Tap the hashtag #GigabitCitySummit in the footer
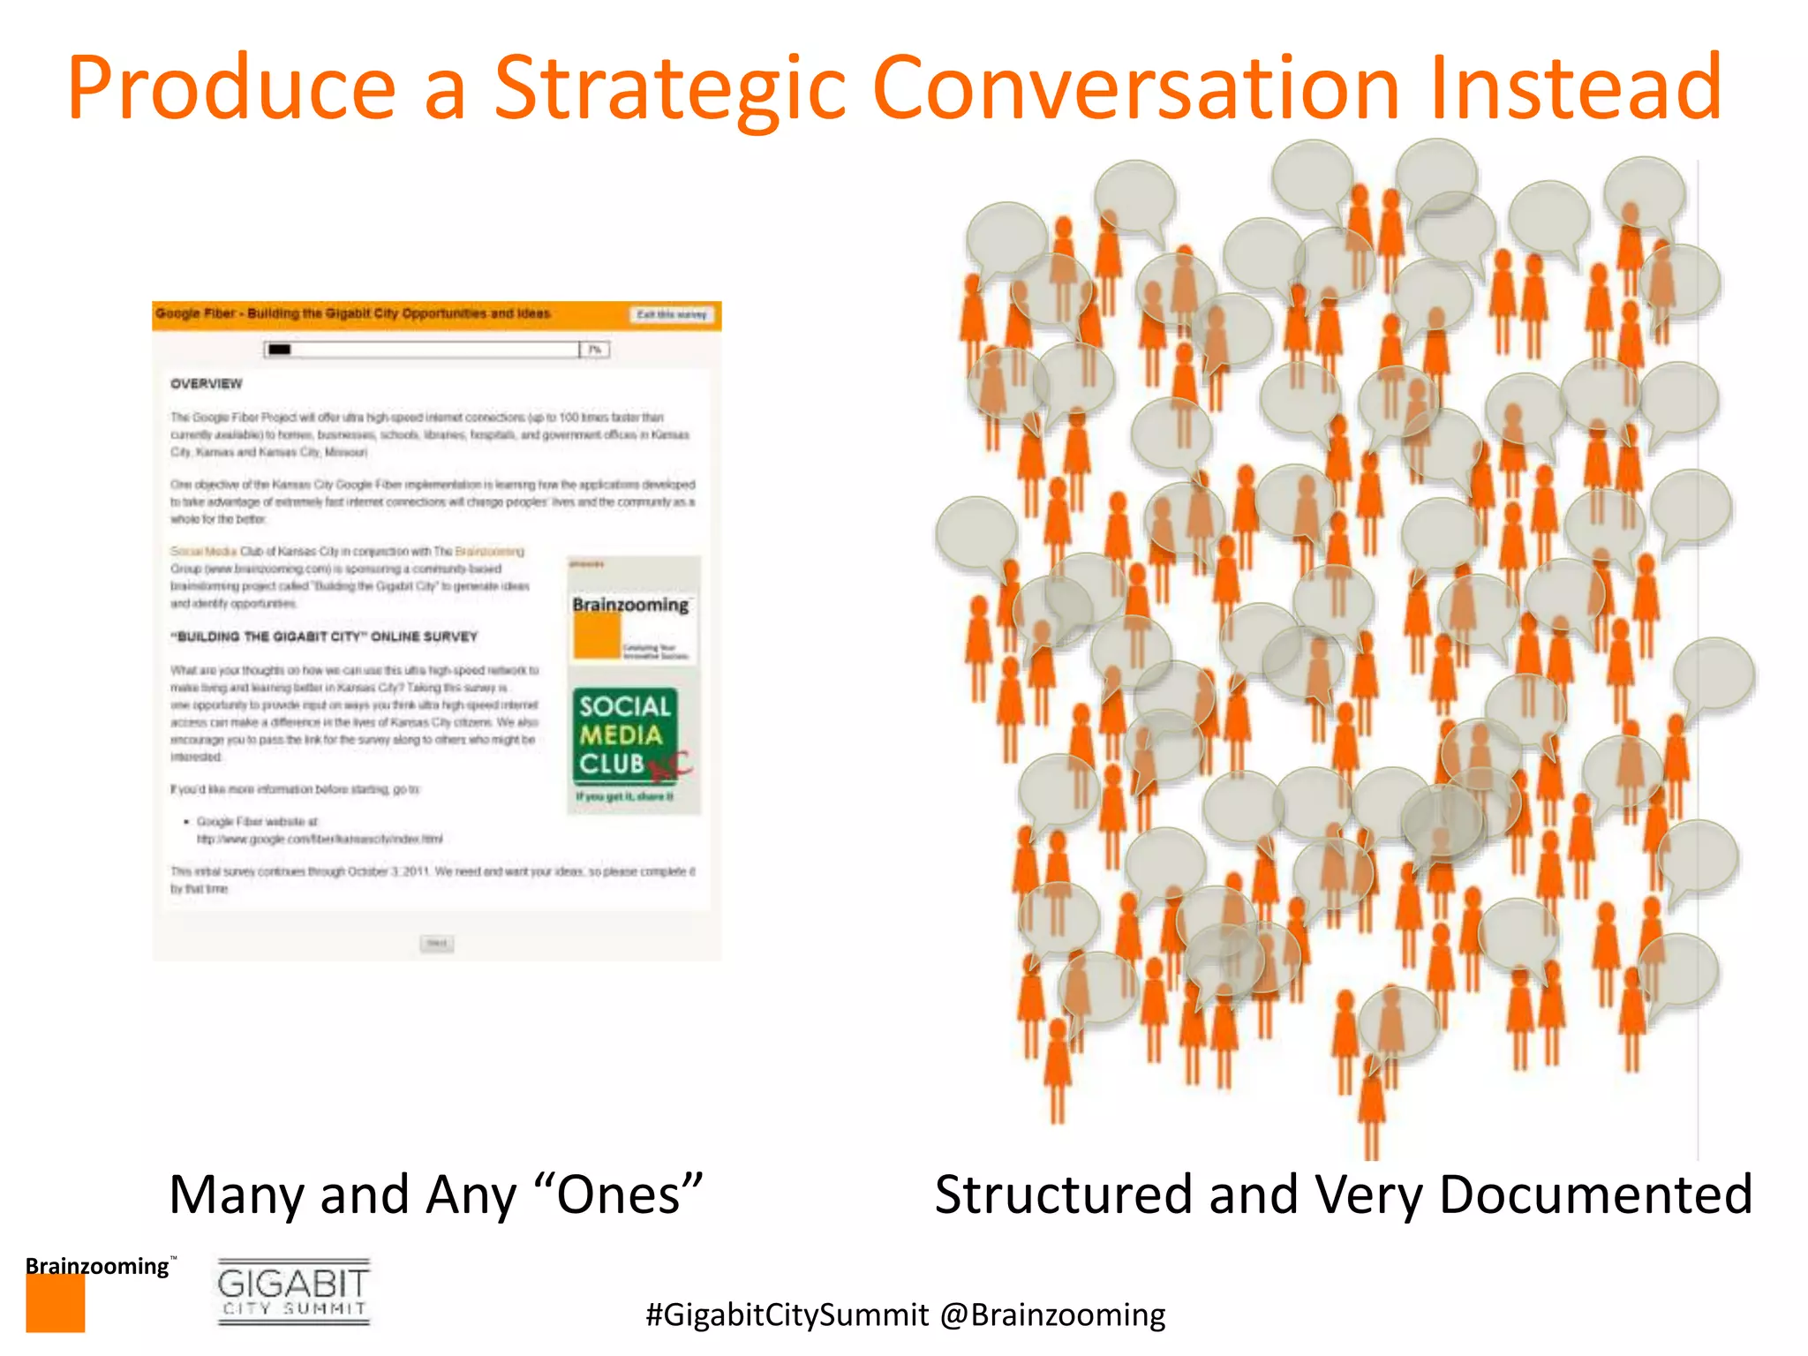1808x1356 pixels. (x=787, y=1315)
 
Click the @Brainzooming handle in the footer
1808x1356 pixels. (x=1052, y=1315)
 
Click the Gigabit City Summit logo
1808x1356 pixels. (x=293, y=1291)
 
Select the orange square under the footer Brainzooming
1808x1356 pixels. (x=55, y=1303)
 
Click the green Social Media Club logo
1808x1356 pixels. (x=625, y=736)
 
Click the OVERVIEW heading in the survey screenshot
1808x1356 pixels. (x=206, y=384)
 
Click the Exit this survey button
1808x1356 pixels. (x=672, y=314)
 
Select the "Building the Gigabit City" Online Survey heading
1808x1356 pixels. (x=324, y=637)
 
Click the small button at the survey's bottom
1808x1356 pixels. (x=436, y=944)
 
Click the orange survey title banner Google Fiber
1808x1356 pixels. (x=353, y=313)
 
